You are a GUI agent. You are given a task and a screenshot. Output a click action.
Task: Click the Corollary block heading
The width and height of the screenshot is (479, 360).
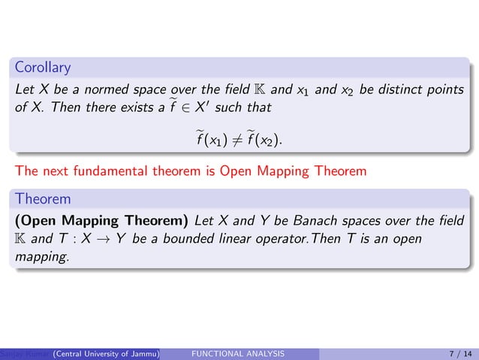point(43,68)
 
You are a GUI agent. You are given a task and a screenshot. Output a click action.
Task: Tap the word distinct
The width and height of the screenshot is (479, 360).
point(399,91)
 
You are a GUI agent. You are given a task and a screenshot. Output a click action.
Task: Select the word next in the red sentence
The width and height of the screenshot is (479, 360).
point(51,171)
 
